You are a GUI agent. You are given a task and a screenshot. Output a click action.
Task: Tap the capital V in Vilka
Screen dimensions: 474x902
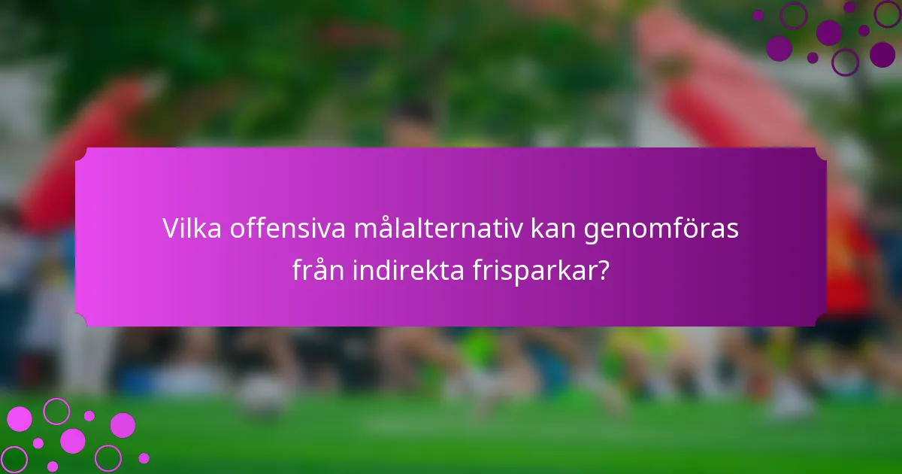(171, 229)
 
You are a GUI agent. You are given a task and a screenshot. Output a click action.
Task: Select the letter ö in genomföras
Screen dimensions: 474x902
(691, 229)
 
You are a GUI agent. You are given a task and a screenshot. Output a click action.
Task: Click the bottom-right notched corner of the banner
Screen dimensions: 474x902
(820, 321)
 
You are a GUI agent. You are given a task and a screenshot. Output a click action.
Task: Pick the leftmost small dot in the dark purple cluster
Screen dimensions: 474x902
(758, 16)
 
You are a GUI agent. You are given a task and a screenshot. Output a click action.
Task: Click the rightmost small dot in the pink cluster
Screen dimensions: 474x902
(144, 458)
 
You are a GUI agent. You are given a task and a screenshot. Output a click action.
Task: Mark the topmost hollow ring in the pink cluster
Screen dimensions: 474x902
(56, 411)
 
